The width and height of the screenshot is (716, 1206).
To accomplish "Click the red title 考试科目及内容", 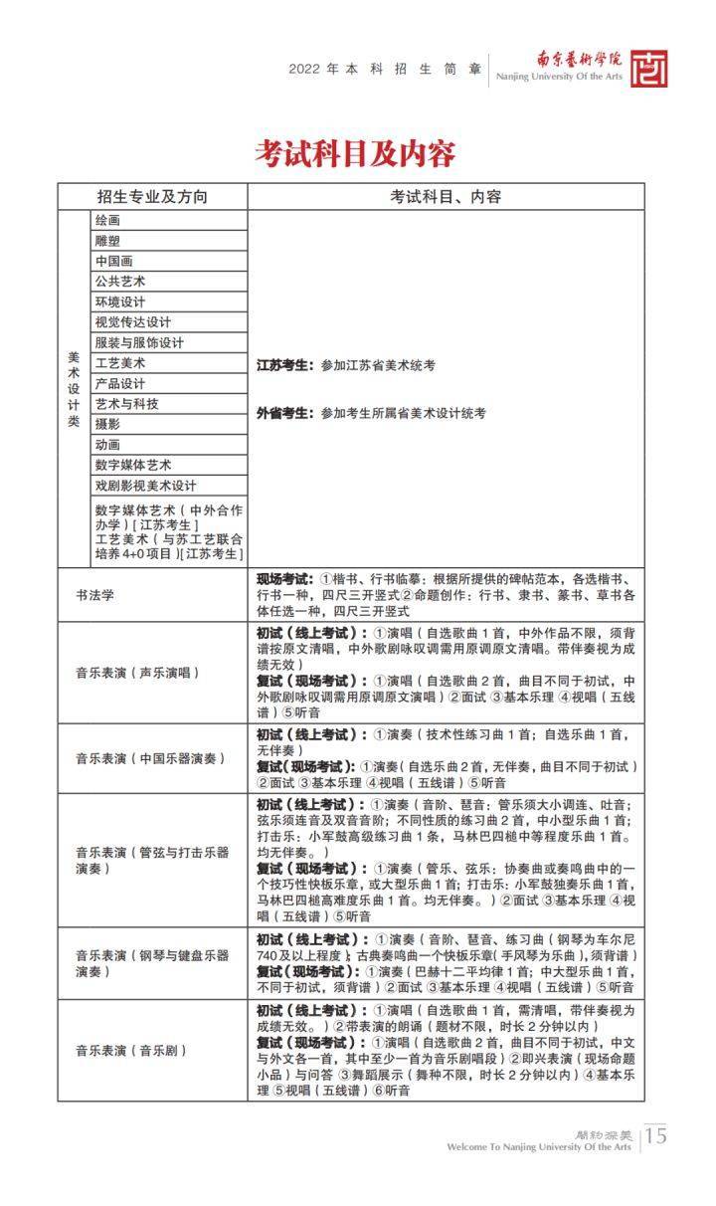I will [x=355, y=153].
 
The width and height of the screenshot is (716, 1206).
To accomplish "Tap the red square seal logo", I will [x=648, y=69].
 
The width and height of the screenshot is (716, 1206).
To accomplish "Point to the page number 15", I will [x=656, y=1135].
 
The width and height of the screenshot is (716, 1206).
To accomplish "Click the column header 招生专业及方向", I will [x=152, y=197].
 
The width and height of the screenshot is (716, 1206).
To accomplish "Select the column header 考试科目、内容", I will [x=446, y=197].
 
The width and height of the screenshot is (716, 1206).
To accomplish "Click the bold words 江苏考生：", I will [x=285, y=365].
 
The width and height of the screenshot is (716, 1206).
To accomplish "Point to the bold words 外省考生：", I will [x=285, y=412].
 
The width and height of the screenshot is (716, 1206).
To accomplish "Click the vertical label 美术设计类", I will [x=74, y=388].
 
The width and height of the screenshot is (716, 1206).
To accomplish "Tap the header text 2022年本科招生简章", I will [x=385, y=70].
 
